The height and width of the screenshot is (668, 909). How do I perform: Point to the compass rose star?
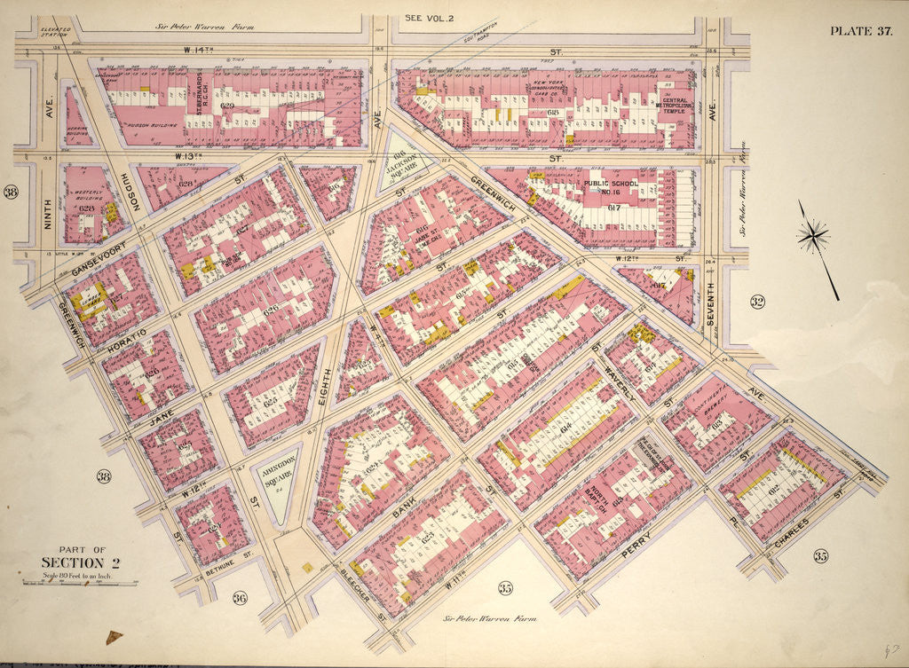pos(814,236)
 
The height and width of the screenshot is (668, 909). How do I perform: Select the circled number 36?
pos(240,598)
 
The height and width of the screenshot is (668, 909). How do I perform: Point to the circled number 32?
pos(756,303)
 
